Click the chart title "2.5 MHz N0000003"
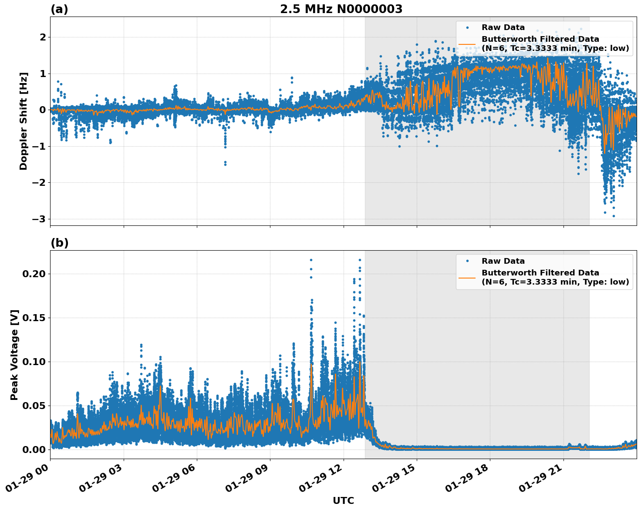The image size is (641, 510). coord(341,9)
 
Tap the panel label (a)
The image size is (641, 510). coord(59,9)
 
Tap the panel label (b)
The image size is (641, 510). coord(59,243)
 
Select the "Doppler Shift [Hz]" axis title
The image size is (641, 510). coord(24,121)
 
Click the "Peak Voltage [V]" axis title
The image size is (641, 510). coord(14,355)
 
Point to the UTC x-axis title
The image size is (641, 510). coord(343,500)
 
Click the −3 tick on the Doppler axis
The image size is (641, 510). coord(39,219)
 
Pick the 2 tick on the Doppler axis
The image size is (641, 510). coord(43,37)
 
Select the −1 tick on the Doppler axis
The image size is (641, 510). coord(39,146)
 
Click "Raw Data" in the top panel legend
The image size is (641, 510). coord(503,27)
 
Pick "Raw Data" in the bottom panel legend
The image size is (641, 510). coord(503,261)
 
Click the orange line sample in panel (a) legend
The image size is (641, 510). coord(467,44)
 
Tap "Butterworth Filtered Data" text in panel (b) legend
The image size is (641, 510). coord(540,273)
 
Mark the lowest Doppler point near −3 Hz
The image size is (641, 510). coord(614,216)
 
